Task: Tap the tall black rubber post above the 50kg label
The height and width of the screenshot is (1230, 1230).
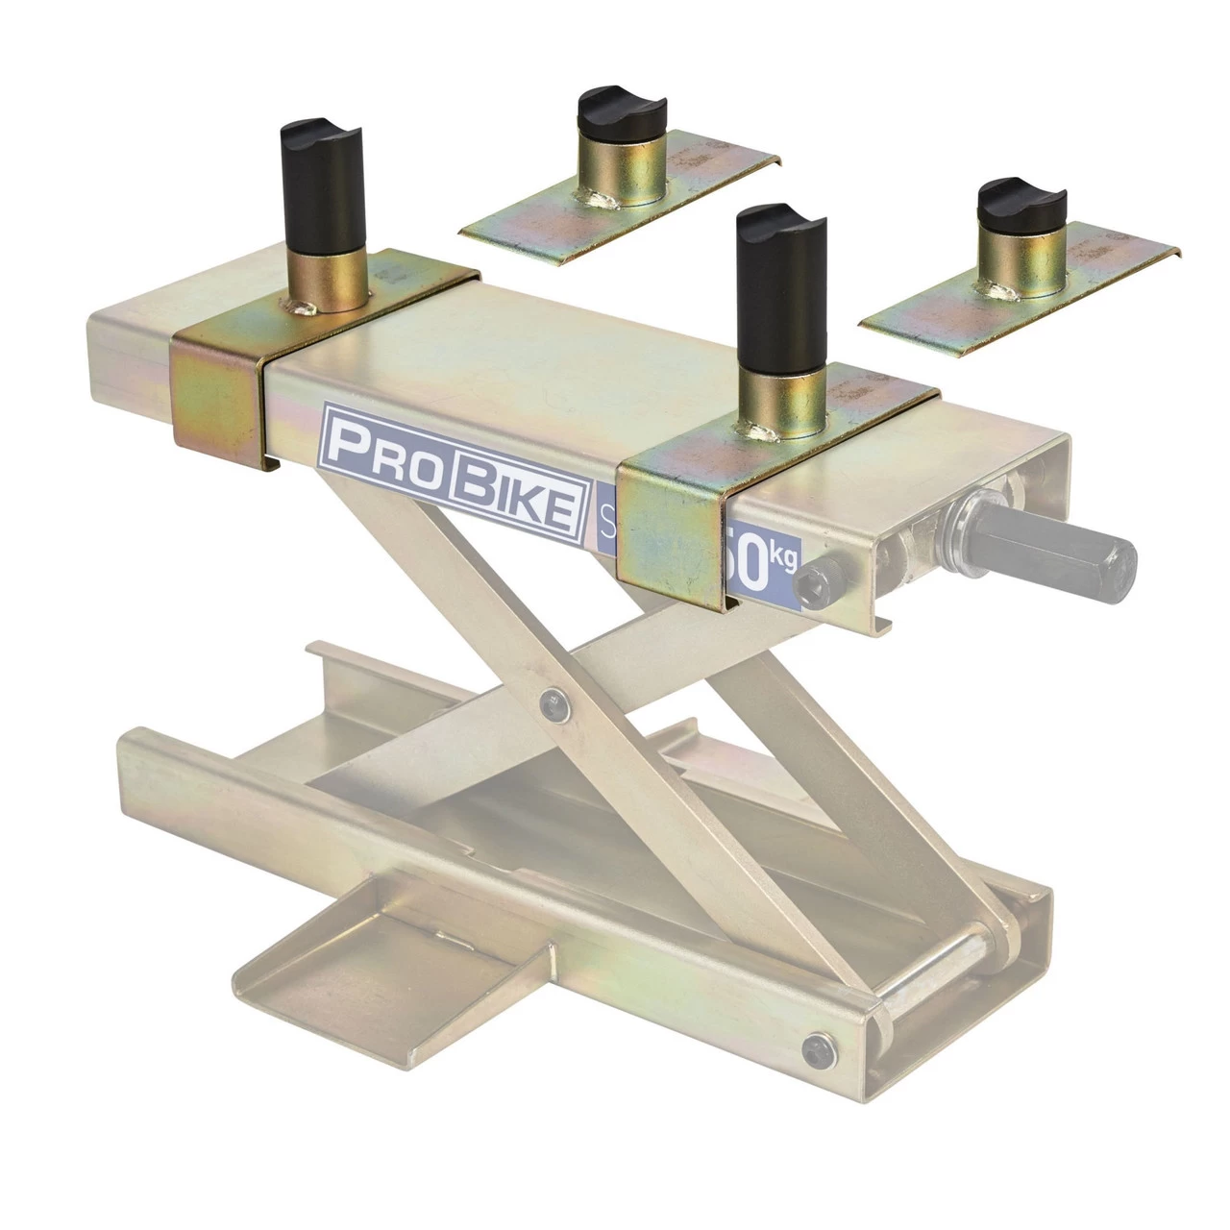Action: pos(779,289)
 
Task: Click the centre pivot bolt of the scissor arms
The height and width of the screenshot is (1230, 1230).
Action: pos(553,702)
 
